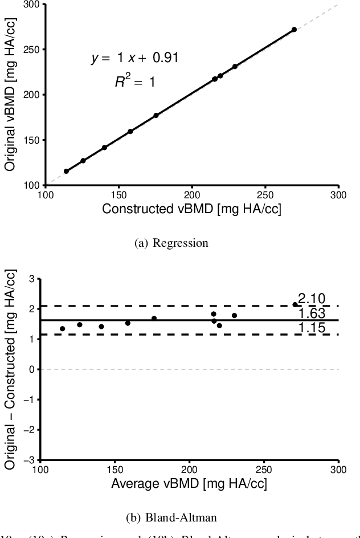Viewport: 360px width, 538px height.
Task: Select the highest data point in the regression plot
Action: coord(294,29)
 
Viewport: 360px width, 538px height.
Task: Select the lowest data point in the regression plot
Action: coord(66,171)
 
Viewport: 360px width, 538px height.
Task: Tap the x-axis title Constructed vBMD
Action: coord(191,209)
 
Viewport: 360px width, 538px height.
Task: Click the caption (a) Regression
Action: coord(171,243)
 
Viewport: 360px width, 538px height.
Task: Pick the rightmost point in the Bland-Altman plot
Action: coord(294,304)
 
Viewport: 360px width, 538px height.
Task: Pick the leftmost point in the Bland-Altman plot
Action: coord(62,329)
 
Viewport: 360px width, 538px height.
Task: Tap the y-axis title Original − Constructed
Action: coord(10,369)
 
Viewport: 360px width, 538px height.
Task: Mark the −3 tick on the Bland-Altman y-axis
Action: coord(31,460)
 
